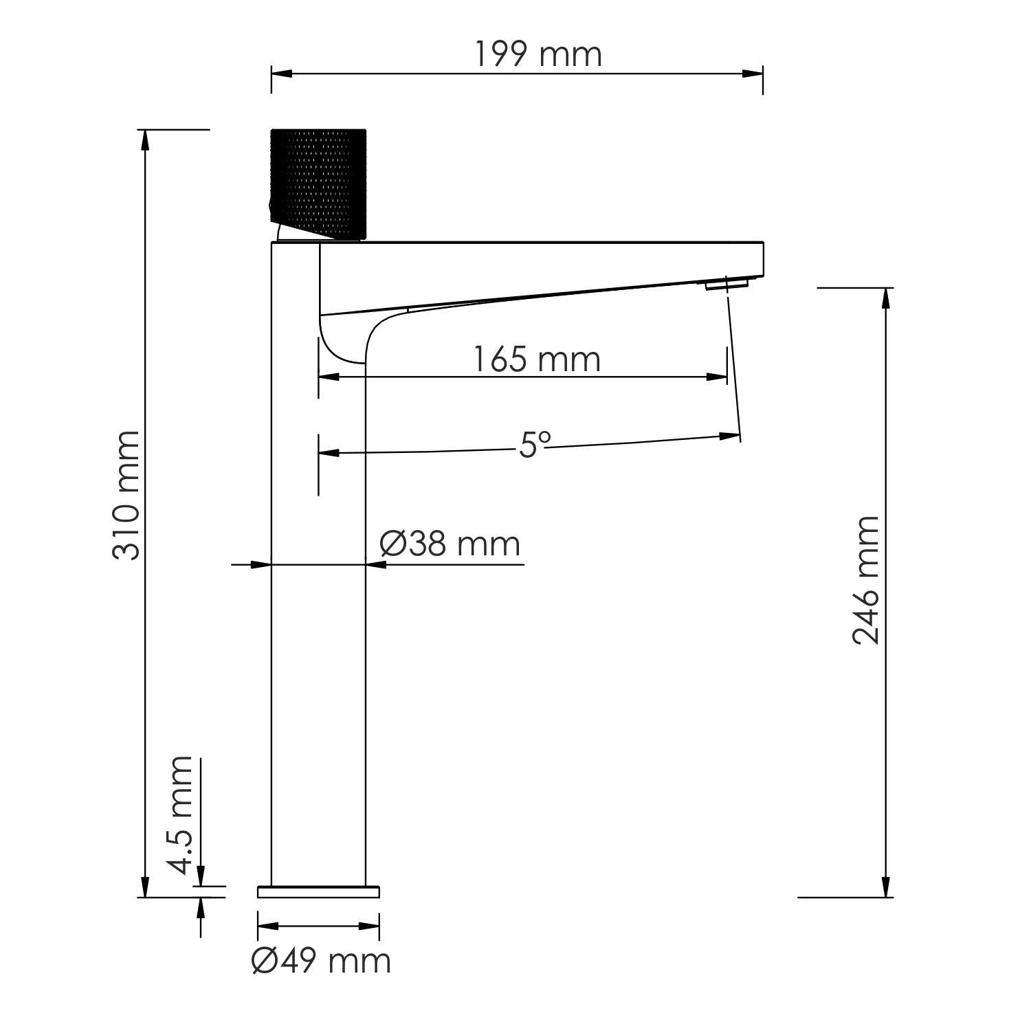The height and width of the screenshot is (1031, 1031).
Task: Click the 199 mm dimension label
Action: [x=538, y=55]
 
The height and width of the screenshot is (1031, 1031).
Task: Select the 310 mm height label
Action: [x=126, y=495]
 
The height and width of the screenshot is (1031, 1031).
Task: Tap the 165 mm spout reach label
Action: [x=537, y=360]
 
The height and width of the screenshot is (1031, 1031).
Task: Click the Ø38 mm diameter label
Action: [x=450, y=544]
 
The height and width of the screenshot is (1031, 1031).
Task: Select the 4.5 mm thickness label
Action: [x=180, y=814]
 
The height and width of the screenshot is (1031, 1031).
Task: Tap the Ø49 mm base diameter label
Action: [x=321, y=960]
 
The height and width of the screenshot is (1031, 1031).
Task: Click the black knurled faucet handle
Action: [x=320, y=183]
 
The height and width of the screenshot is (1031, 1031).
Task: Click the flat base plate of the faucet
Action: [x=318, y=891]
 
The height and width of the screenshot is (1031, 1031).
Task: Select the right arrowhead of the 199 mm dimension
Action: [x=753, y=74]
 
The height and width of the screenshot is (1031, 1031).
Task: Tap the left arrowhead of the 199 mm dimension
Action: [x=282, y=74]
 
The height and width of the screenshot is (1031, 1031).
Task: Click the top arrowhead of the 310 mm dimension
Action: [x=144, y=140]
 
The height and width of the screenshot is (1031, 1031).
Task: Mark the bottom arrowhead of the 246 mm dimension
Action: [x=887, y=887]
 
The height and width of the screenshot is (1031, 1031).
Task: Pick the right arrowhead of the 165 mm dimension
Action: [x=718, y=377]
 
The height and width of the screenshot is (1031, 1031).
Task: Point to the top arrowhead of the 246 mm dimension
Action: [x=887, y=298]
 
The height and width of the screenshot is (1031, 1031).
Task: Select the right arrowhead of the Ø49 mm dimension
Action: [x=370, y=926]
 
